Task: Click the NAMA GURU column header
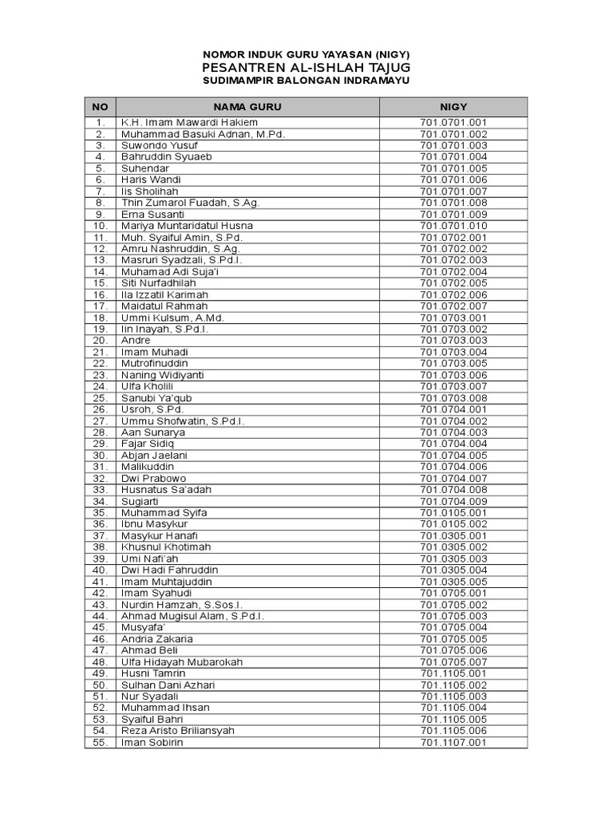pyautogui.click(x=247, y=107)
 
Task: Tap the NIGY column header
pyautogui.click(x=453, y=107)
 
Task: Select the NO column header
pyautogui.click(x=100, y=107)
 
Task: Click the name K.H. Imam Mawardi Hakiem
pyautogui.click(x=189, y=123)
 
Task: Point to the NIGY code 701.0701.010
pyautogui.click(x=453, y=226)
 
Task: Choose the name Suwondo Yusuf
pyautogui.click(x=159, y=145)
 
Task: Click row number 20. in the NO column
pyautogui.click(x=100, y=341)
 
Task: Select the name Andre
pyautogui.click(x=136, y=341)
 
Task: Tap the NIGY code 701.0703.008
pyautogui.click(x=453, y=398)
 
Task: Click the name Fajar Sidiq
pyautogui.click(x=148, y=444)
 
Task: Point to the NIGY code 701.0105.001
pyautogui.click(x=453, y=513)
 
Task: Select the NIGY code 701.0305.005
pyautogui.click(x=453, y=582)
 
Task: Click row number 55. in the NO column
pyautogui.click(x=100, y=743)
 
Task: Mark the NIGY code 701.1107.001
pyautogui.click(x=453, y=743)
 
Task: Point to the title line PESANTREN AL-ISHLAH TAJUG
pyautogui.click(x=306, y=67)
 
